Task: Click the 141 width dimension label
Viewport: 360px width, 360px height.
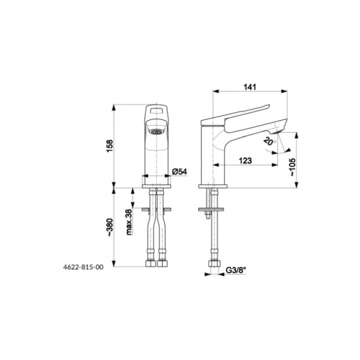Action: tap(249, 87)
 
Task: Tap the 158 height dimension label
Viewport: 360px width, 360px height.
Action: tap(110, 146)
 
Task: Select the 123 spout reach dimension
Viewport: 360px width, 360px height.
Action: tap(245, 160)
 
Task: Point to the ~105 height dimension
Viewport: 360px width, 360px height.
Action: tap(293, 167)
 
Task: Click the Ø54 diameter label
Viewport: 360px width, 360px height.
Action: tap(179, 171)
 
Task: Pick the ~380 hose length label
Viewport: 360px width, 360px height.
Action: tap(110, 227)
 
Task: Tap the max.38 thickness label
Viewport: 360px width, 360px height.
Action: tap(129, 222)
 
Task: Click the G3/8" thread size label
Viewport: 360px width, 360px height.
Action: tap(236, 270)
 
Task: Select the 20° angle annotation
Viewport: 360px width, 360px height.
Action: tap(269, 141)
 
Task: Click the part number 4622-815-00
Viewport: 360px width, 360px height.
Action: tap(83, 267)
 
